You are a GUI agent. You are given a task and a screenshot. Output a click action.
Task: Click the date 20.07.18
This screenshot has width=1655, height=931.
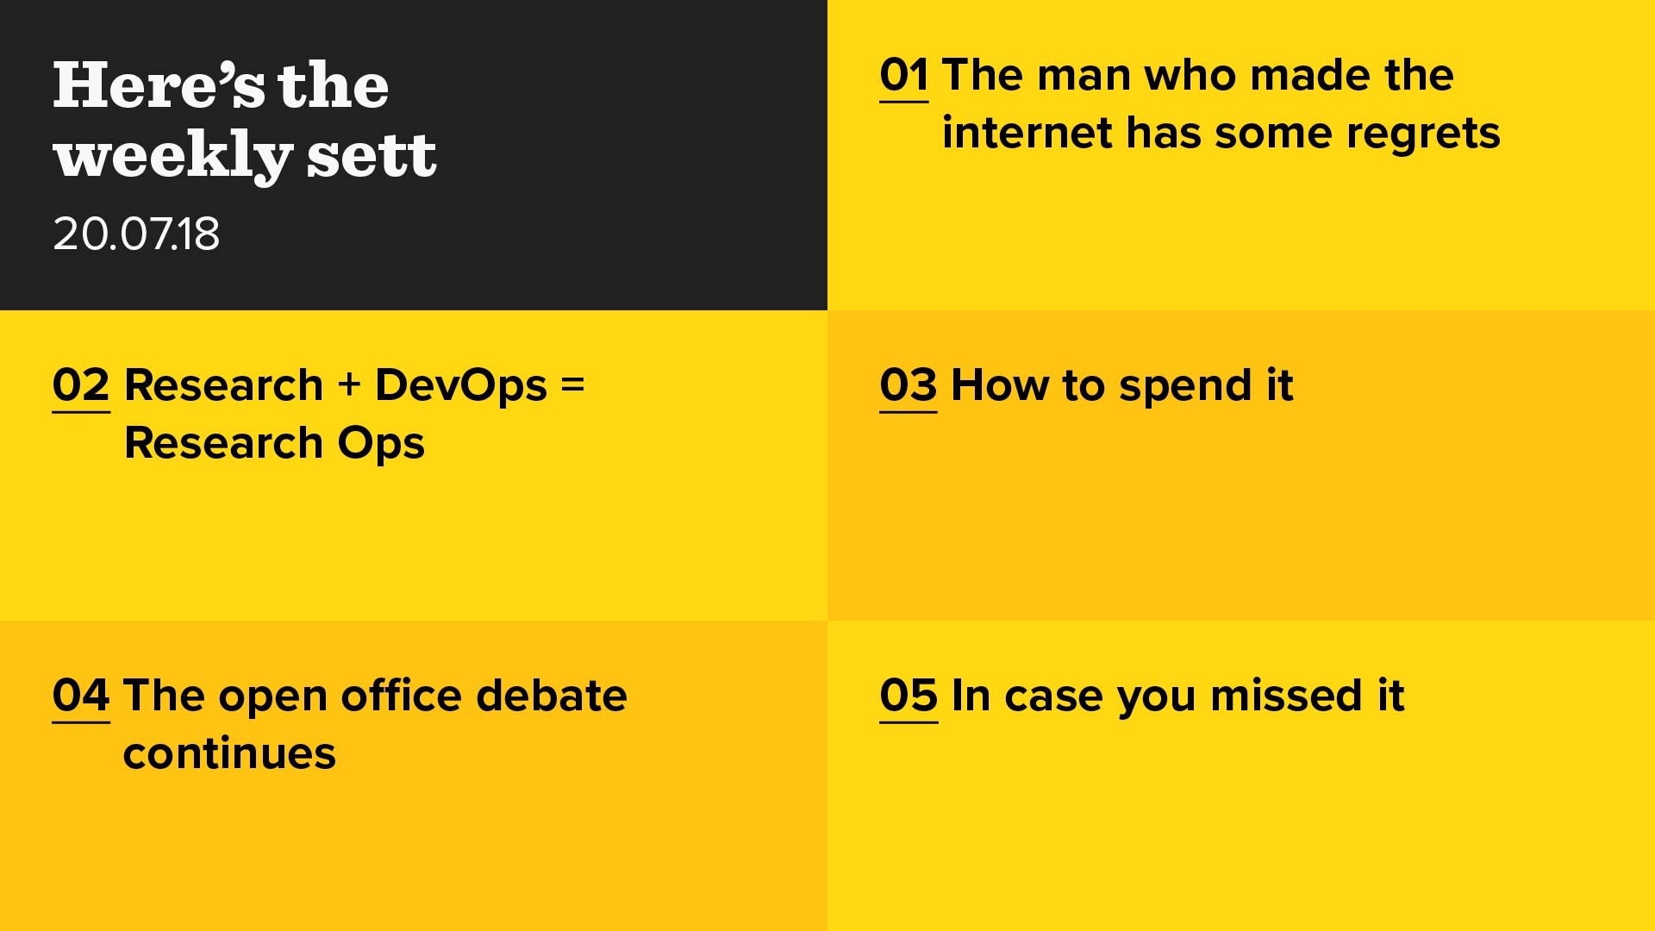click(x=136, y=234)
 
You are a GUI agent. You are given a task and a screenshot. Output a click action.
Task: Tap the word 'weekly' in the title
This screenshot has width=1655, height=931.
click(x=172, y=158)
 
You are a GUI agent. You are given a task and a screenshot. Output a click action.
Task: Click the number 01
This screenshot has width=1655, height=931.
click(x=904, y=75)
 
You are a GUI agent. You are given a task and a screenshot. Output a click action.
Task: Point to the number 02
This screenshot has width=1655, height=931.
click(x=81, y=385)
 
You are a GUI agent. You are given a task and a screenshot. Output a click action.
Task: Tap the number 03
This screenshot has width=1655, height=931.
click(x=909, y=385)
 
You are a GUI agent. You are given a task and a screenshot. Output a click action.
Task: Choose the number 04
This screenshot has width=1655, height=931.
click(x=81, y=696)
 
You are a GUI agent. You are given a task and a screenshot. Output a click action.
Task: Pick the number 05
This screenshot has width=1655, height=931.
click(x=909, y=696)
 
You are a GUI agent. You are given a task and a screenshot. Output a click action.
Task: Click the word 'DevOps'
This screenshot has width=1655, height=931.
click(x=461, y=387)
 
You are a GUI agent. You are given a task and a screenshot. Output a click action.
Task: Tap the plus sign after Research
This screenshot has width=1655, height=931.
click(x=349, y=384)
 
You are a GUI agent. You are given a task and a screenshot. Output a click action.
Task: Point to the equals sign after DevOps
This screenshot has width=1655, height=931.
click(x=573, y=384)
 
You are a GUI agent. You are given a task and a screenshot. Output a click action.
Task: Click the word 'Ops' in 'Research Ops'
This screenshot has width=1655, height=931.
click(x=381, y=445)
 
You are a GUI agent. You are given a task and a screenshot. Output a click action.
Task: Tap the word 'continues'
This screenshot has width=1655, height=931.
click(x=229, y=753)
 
